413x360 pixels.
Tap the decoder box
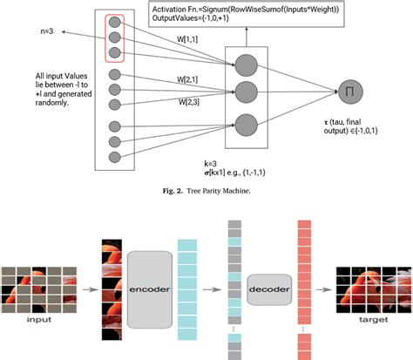coord(267,286)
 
